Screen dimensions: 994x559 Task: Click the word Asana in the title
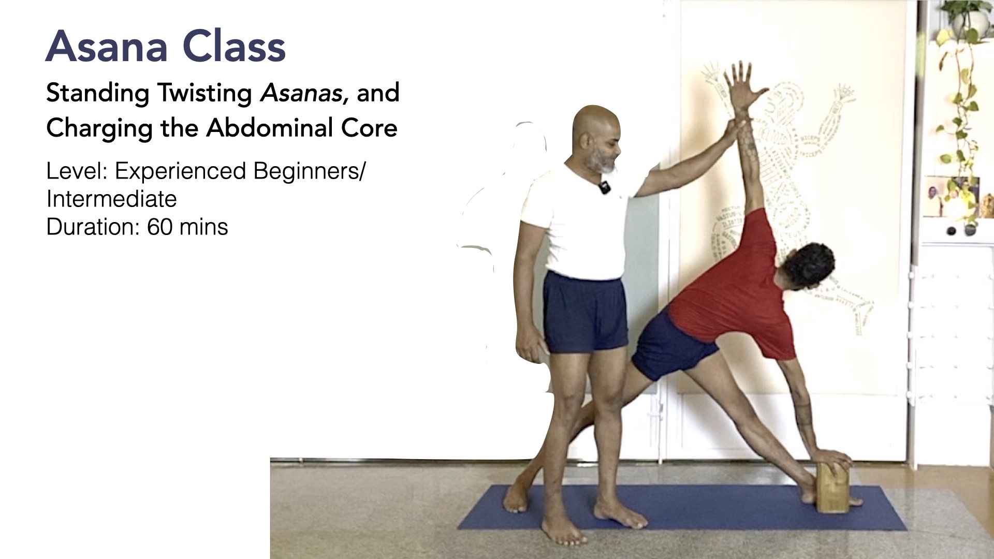click(107, 46)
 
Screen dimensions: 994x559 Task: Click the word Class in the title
click(234, 46)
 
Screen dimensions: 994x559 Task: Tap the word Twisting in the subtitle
click(205, 94)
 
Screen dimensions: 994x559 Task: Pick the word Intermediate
click(111, 199)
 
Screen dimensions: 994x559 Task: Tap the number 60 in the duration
click(159, 227)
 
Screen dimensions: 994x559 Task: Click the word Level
click(76, 171)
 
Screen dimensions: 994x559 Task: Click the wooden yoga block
click(833, 487)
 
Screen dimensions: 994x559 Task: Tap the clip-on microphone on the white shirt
click(604, 187)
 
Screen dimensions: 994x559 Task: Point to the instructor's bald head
click(595, 124)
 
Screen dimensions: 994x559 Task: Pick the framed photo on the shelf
click(940, 197)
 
